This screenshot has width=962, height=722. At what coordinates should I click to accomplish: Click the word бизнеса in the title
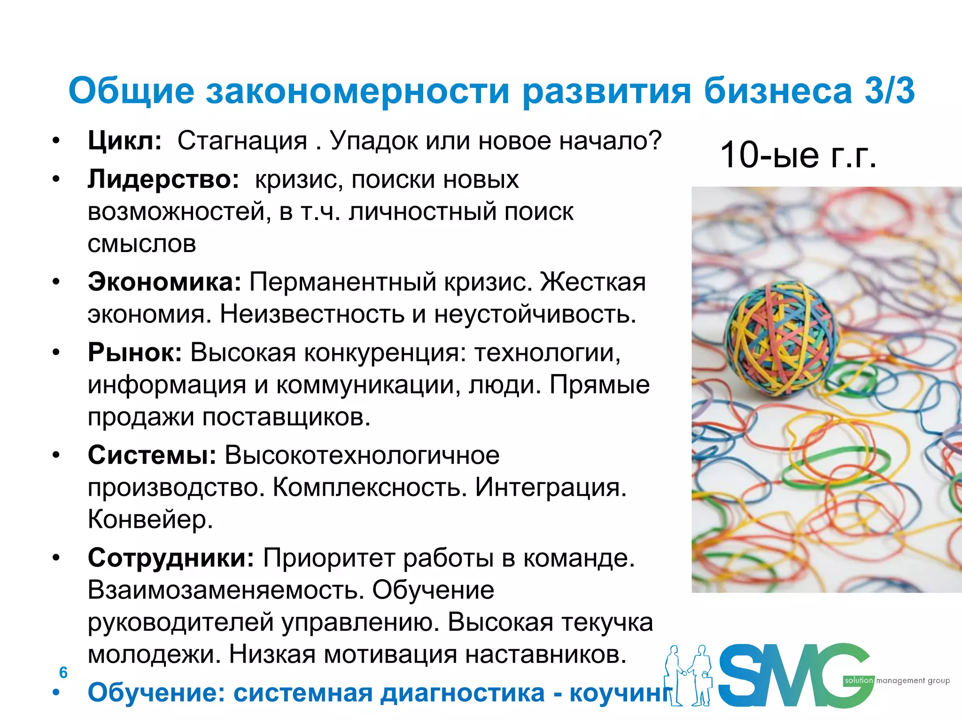point(777,90)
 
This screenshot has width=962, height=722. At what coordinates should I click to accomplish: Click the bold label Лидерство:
point(163,179)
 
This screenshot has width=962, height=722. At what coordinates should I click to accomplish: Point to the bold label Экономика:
point(164,282)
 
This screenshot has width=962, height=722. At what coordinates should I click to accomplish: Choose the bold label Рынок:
point(135,352)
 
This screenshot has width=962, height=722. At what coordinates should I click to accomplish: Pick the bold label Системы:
point(152,455)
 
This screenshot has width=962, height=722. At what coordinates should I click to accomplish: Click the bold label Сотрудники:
point(171,558)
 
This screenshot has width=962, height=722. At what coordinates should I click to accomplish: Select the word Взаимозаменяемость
point(226,590)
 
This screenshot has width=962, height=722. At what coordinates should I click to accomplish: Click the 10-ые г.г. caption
point(798,155)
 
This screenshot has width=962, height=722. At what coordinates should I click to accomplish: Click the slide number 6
point(63,673)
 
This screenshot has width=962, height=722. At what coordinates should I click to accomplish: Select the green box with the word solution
point(859,680)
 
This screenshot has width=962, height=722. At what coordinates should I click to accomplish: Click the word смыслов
point(142,243)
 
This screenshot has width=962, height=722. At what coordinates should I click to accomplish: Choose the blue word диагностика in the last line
point(462,692)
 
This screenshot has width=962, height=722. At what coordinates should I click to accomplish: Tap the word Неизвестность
point(312,314)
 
